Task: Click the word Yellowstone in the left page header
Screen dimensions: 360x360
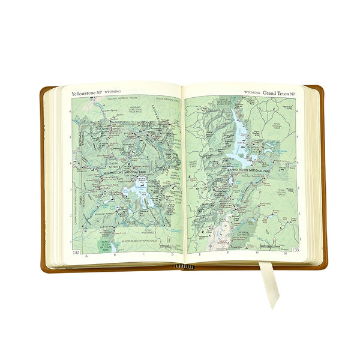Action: (83, 94)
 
